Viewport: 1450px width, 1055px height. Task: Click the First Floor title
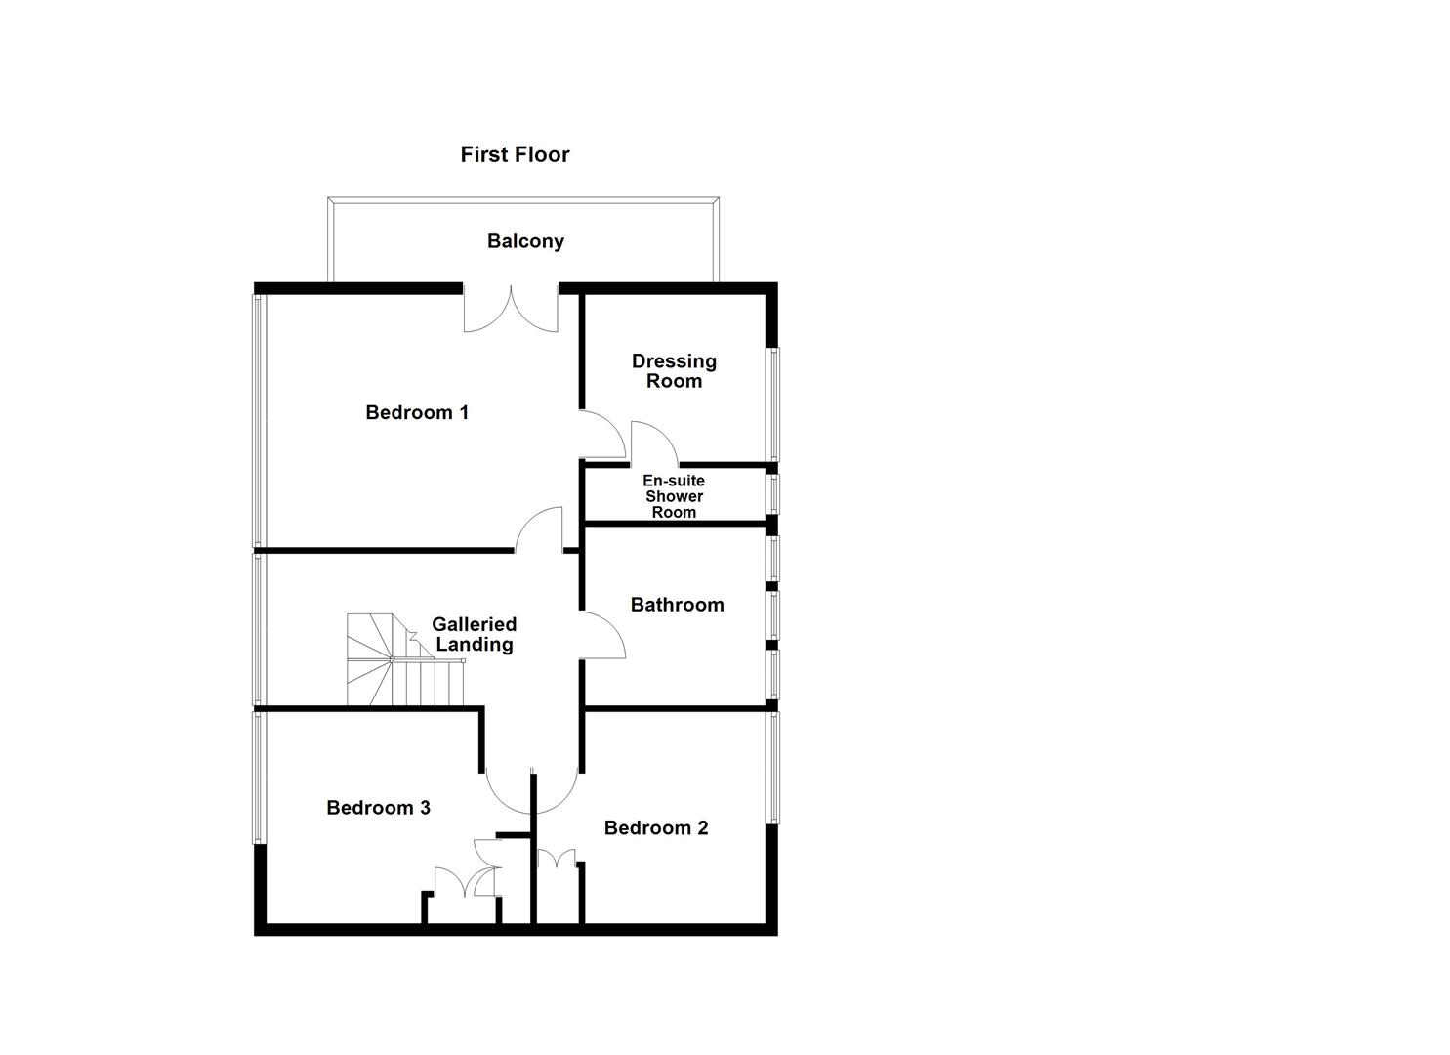click(x=515, y=154)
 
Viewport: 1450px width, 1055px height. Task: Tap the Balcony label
click(x=525, y=241)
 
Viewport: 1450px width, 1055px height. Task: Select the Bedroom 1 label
click(x=417, y=412)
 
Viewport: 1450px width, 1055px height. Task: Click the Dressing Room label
click(x=674, y=371)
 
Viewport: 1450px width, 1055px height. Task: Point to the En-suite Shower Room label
click(x=674, y=496)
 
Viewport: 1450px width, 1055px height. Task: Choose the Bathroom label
click(x=677, y=605)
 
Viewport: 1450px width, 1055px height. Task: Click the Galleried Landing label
click(x=474, y=634)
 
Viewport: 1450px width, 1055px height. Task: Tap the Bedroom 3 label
click(x=378, y=808)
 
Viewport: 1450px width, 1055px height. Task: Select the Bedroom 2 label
click(x=656, y=828)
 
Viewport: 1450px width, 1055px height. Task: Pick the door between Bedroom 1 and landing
click(x=540, y=529)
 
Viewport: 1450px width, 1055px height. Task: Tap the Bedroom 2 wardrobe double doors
click(x=557, y=860)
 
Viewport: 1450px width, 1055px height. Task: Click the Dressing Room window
click(x=772, y=403)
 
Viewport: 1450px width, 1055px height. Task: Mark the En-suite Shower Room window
click(x=772, y=493)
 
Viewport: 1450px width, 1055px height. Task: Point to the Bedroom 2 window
click(x=772, y=768)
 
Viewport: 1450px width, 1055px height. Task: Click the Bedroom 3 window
click(x=259, y=777)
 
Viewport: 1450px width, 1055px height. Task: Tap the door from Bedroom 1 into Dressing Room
click(x=603, y=434)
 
